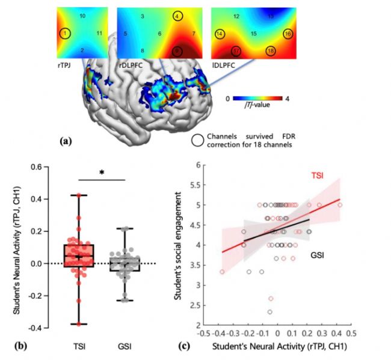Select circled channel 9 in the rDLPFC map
(177, 52)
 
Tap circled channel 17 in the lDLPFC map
(237, 51)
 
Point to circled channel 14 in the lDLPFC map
(220, 34)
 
